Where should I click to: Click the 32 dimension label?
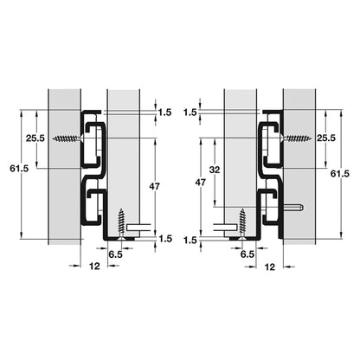point(215,170)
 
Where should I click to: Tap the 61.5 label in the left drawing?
point(19,169)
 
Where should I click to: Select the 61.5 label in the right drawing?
point(340,174)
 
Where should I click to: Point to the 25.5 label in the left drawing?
point(35,138)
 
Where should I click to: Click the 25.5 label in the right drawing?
point(326,138)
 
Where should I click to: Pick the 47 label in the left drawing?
point(154,186)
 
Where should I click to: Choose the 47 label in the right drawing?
point(201,183)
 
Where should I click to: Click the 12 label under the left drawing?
point(94,266)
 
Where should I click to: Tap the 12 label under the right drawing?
point(270,267)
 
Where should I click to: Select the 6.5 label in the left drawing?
point(115,254)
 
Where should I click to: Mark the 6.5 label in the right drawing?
point(247,254)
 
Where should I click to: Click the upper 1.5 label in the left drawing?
point(164,112)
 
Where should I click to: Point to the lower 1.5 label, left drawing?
point(165,239)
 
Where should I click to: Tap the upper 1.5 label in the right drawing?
point(190,112)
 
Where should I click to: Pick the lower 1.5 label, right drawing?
point(190,240)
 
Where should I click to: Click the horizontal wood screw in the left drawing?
point(68,138)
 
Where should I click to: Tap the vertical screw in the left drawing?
point(121,223)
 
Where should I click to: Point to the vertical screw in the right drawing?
point(242,223)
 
